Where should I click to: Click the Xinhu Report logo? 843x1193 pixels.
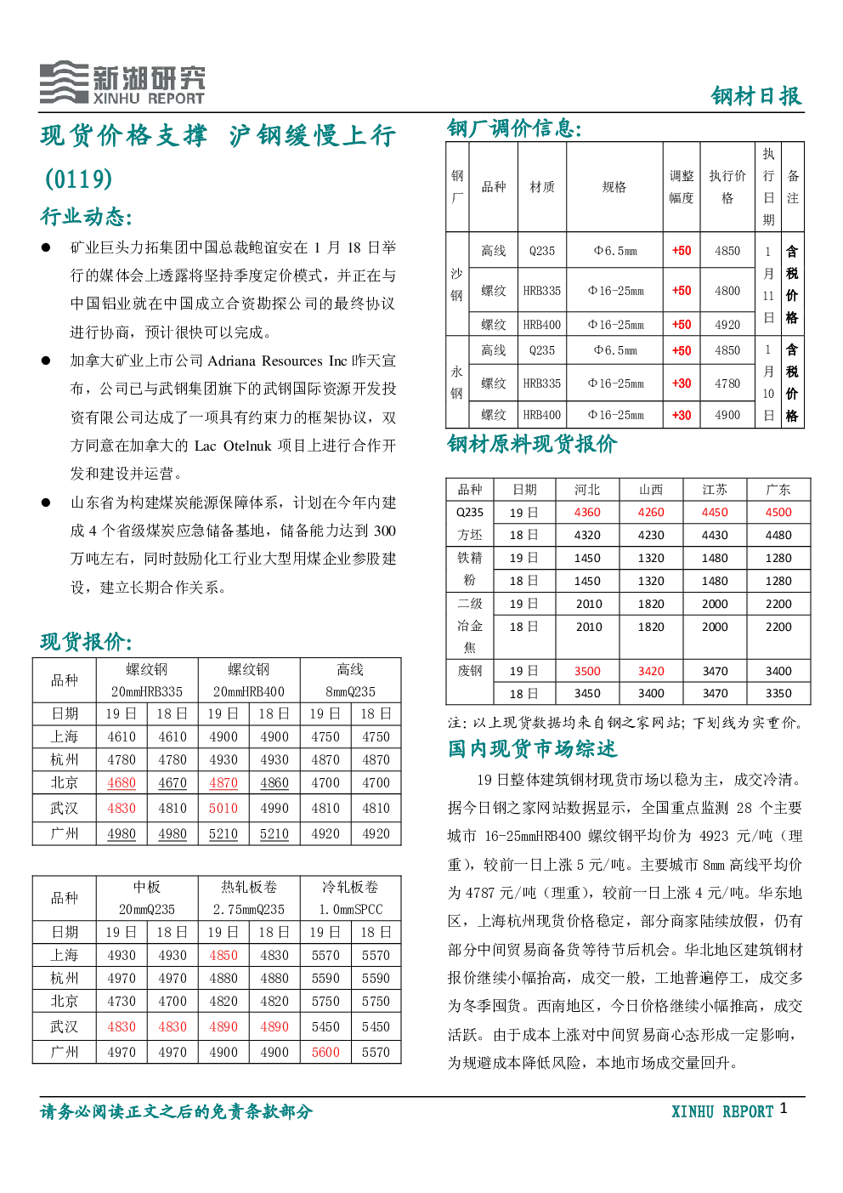coord(122,82)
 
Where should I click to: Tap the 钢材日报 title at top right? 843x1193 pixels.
coord(756,96)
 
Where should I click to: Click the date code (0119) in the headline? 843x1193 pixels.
coord(79,179)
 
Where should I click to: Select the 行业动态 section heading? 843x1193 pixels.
coord(86,217)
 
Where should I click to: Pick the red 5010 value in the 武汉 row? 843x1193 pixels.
coord(223,808)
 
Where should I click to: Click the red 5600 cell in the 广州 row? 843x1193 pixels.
coord(325,1052)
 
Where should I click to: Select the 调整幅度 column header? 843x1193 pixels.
coord(682,187)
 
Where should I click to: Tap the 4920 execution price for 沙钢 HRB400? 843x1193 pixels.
coord(727,324)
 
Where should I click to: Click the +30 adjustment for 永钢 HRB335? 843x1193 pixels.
coord(682,383)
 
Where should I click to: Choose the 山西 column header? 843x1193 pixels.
coord(651,490)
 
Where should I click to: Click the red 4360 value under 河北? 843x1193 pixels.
coord(587,513)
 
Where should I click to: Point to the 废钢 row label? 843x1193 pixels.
coord(469,671)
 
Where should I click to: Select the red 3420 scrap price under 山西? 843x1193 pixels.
coord(651,671)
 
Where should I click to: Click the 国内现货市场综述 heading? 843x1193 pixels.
coord(532,749)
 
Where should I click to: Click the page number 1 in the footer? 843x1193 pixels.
coord(783,1108)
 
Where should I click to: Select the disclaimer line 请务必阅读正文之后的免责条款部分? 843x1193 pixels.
coord(176,1111)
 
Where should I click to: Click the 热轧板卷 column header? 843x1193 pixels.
coord(248,887)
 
